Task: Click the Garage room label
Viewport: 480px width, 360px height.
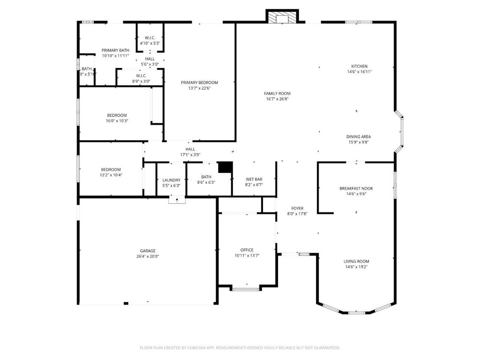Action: click(x=148, y=251)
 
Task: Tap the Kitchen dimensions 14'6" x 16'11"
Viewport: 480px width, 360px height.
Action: click(x=360, y=72)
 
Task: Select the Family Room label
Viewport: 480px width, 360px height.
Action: click(x=277, y=93)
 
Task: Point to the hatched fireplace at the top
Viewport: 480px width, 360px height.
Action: click(x=282, y=17)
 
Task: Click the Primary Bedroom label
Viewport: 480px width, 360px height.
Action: click(x=200, y=82)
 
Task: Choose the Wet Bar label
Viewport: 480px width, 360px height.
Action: click(x=254, y=179)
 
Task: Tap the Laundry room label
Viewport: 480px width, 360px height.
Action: click(x=172, y=180)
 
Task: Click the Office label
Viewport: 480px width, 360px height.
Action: click(x=247, y=250)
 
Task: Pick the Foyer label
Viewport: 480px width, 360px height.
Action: click(x=297, y=208)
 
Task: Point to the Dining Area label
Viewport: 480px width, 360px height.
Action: click(x=359, y=137)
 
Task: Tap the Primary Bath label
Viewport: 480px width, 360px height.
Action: click(x=115, y=50)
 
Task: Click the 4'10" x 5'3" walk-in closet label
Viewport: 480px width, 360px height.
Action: click(x=150, y=43)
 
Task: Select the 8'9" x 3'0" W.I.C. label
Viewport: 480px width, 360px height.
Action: click(x=141, y=81)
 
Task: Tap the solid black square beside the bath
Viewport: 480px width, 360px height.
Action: click(x=225, y=167)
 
